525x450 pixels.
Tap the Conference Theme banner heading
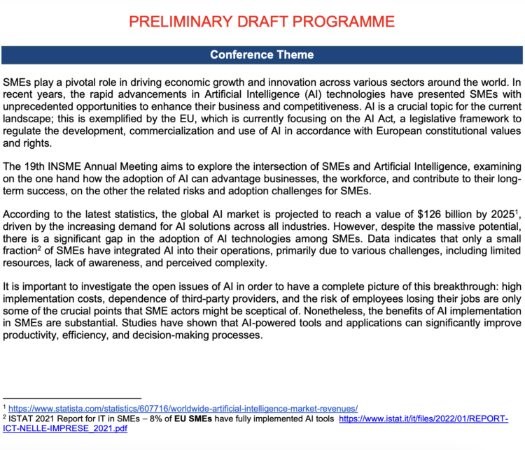[262, 55]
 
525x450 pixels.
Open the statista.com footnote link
[183, 408]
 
